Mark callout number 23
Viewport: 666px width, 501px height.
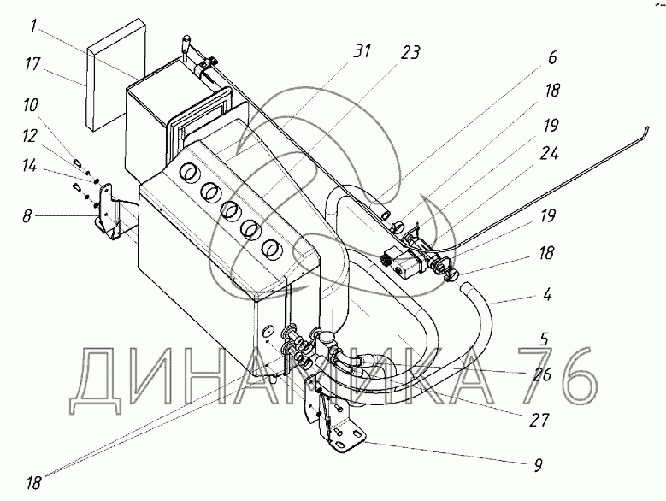pyautogui.click(x=411, y=53)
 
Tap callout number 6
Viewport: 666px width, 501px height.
pyautogui.click(x=551, y=58)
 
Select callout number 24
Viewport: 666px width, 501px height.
pyautogui.click(x=550, y=154)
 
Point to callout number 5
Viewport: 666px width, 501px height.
pyautogui.click(x=545, y=339)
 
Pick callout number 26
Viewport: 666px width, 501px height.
pyautogui.click(x=539, y=374)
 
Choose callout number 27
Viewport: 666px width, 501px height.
pyautogui.click(x=539, y=420)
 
